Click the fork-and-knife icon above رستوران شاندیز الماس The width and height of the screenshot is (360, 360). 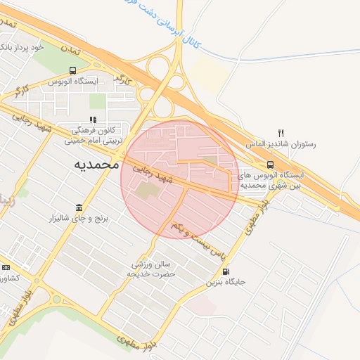click(x=281, y=132)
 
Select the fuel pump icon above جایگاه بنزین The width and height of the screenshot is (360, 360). click(x=225, y=271)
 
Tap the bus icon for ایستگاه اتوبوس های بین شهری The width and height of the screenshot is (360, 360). click(x=271, y=165)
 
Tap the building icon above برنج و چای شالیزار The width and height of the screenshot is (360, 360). click(x=77, y=208)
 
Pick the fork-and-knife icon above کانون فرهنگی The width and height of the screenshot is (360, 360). click(x=92, y=120)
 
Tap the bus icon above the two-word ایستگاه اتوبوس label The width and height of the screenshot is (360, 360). click(x=72, y=70)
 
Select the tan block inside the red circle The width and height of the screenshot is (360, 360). click(x=148, y=191)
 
